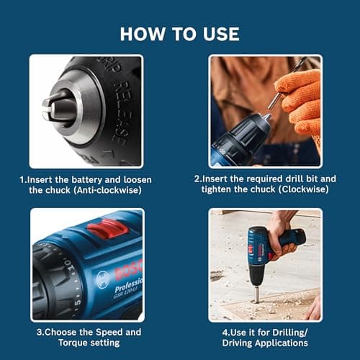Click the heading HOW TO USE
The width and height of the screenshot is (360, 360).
click(x=179, y=33)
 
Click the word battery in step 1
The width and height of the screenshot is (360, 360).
click(x=92, y=179)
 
